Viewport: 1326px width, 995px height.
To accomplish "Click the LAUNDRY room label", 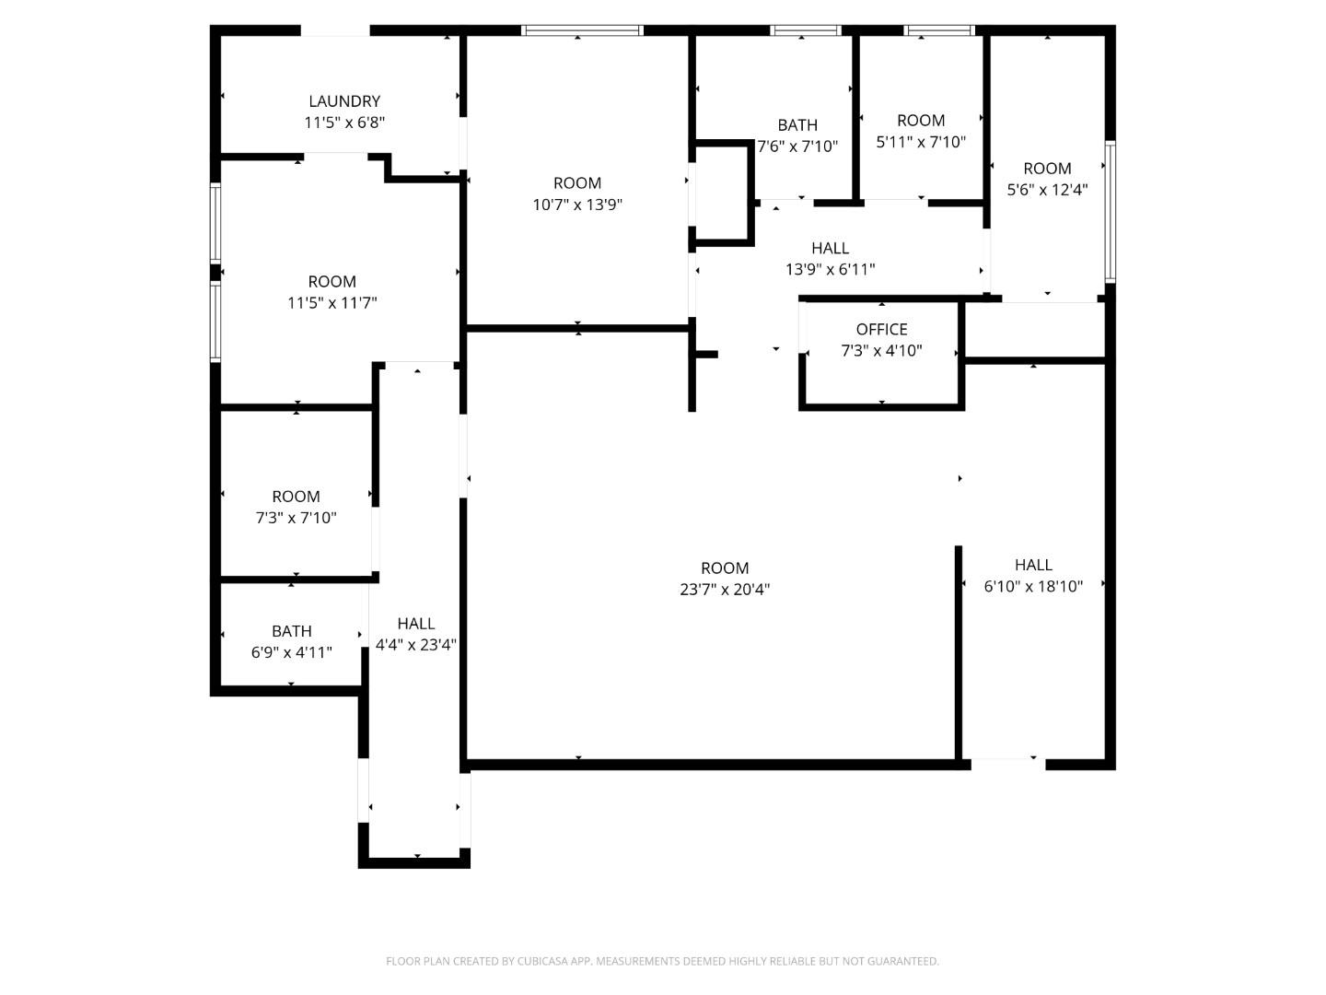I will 344,101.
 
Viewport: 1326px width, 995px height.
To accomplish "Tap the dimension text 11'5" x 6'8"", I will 344,123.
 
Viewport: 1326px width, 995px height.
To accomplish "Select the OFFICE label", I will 881,329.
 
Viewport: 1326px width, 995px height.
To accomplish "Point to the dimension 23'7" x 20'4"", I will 725,590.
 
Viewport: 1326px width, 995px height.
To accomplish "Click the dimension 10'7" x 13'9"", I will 577,205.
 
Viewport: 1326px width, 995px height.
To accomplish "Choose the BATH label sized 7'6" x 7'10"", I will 797,125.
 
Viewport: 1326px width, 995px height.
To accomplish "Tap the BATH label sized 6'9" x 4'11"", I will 291,631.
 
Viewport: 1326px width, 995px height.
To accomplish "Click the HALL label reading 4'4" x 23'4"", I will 416,624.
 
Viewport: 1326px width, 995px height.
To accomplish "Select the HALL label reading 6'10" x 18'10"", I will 1033,565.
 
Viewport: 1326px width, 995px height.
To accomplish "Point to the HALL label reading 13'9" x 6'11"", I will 830,248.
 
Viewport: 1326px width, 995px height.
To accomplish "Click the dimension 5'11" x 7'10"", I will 921,142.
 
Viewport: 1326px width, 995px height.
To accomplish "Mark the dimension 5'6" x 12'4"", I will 1047,190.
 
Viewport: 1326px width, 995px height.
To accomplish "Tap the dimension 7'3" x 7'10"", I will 296,518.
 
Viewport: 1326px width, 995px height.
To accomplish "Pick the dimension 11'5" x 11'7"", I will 332,303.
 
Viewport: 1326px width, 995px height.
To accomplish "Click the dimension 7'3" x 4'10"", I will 881,351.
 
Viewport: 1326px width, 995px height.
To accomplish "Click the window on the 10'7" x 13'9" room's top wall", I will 582,30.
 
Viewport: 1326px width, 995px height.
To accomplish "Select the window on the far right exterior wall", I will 1111,211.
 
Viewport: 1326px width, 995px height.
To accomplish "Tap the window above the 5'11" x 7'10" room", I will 939,30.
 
